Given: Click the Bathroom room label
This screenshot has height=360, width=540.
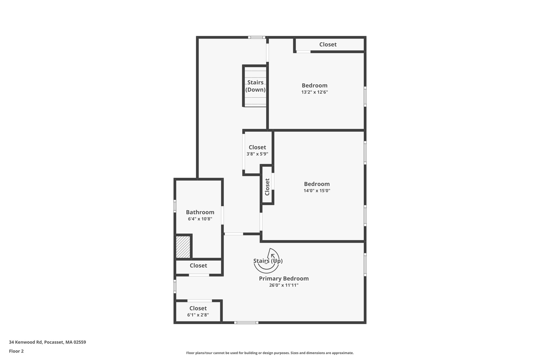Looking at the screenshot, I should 200,212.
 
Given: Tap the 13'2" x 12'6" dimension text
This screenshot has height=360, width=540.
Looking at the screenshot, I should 315,92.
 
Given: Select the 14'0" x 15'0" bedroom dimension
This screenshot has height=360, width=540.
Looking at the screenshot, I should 317,191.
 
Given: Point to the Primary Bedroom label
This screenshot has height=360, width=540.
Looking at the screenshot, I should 284,279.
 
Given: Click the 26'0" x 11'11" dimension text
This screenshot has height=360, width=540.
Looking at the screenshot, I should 284,285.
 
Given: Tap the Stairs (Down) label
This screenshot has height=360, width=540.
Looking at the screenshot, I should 255,86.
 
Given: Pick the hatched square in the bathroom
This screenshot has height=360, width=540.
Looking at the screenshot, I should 183,247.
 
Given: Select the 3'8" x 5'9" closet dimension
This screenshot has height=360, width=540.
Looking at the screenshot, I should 257,154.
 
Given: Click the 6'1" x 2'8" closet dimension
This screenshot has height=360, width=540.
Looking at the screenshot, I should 198,315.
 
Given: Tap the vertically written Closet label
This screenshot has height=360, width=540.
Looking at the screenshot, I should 267,187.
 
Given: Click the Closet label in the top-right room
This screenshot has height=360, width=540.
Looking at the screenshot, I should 328,45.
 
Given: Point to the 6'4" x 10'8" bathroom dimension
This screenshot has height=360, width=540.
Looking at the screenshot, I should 200,219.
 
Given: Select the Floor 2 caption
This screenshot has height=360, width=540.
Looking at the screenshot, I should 16,351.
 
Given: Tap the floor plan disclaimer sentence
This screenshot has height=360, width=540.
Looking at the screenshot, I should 270,353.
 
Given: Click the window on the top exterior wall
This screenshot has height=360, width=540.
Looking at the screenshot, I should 257,37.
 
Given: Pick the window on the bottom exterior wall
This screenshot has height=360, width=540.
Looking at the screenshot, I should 246,323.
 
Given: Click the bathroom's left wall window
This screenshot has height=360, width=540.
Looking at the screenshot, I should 175,206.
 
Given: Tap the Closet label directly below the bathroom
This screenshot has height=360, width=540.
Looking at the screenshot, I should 198,266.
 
